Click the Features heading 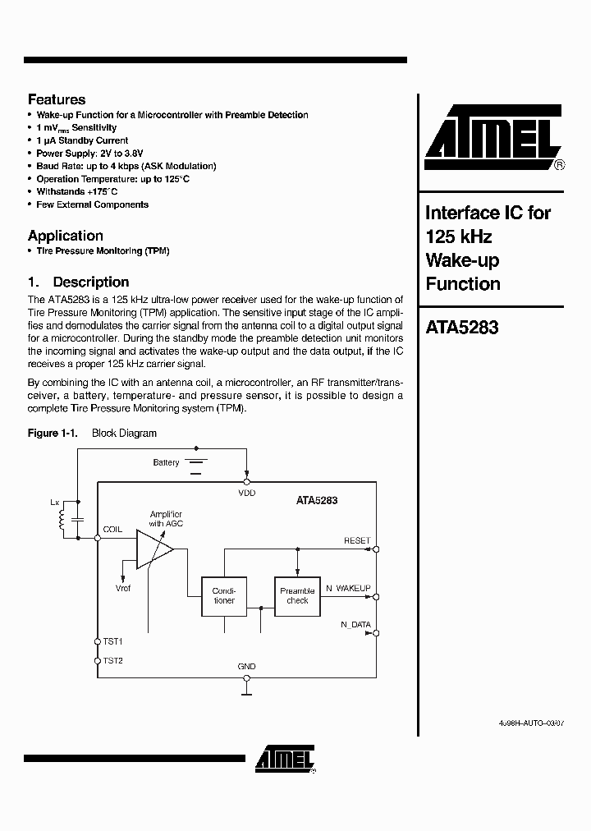point(57,99)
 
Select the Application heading point(66,236)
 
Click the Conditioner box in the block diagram point(224,595)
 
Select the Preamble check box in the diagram point(297,595)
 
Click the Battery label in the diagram point(166,462)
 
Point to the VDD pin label point(246,493)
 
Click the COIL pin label point(112,530)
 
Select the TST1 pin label point(112,640)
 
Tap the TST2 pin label point(112,660)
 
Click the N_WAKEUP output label point(348,589)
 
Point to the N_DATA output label point(355,624)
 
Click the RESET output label point(357,540)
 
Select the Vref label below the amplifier point(122,588)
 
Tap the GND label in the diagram point(246,666)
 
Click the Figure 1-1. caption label point(53,433)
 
